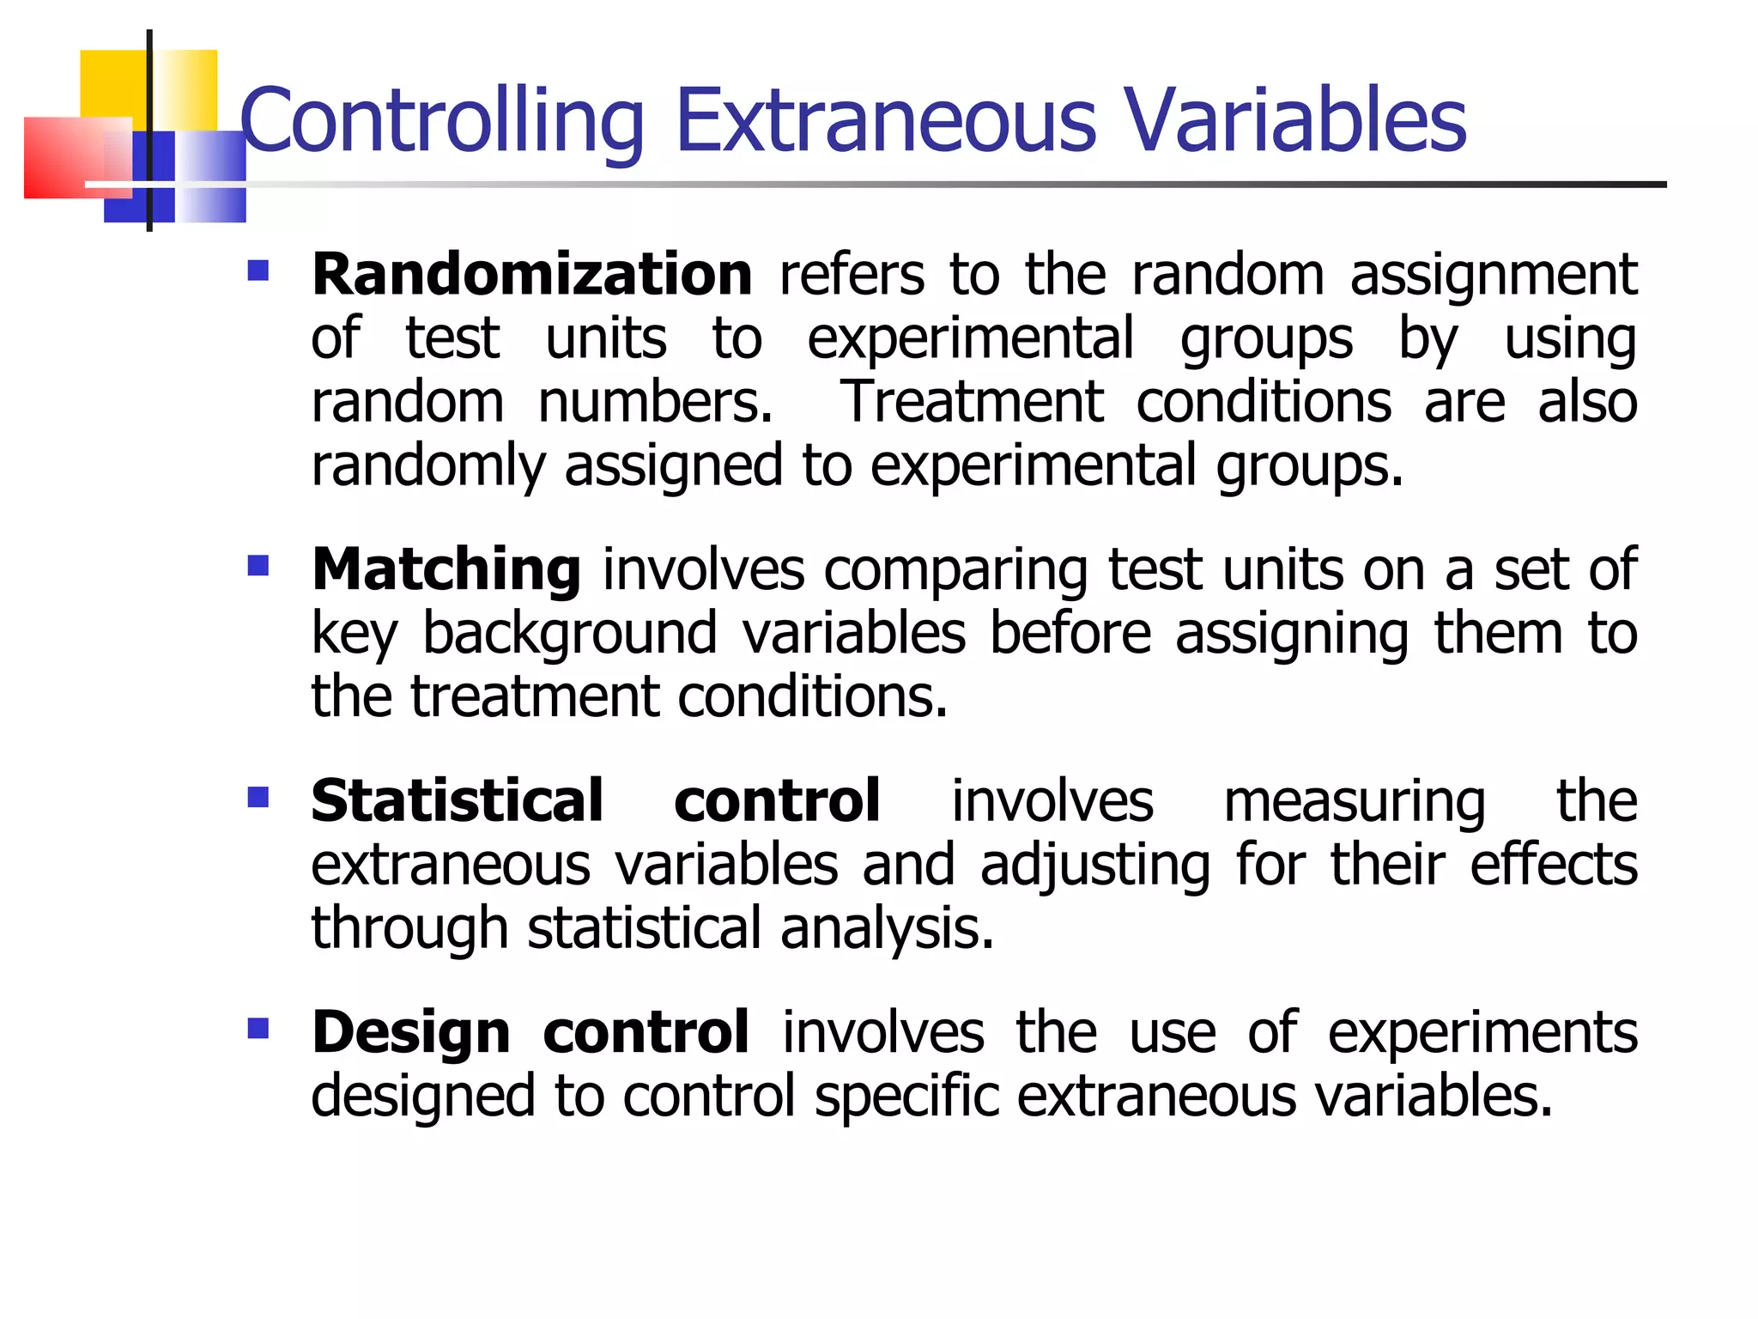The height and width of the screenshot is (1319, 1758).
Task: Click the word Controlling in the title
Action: tap(441, 122)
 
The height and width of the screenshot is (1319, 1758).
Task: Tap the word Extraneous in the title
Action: tap(885, 122)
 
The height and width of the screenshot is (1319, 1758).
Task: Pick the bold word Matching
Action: tap(446, 569)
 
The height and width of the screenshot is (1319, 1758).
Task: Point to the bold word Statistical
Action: tap(458, 800)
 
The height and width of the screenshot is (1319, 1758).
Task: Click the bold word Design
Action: tap(411, 1032)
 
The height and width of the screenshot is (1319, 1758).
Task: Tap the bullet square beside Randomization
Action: tap(258, 271)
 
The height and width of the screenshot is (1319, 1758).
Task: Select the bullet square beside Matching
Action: tap(258, 566)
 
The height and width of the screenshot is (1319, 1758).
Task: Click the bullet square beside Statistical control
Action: tap(258, 798)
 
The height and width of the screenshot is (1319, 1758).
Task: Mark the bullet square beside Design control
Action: tap(258, 1029)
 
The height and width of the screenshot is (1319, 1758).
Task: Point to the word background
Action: tap(570, 634)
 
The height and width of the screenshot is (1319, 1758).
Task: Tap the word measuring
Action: tap(1355, 802)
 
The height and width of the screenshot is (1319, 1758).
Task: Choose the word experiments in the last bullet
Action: tap(1482, 1034)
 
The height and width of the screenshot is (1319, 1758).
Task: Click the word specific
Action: tap(906, 1097)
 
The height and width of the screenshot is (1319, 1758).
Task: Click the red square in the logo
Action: tap(69, 157)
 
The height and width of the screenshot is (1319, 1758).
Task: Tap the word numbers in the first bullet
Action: tap(655, 402)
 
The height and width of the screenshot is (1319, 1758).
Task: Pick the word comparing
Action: tap(955, 571)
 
